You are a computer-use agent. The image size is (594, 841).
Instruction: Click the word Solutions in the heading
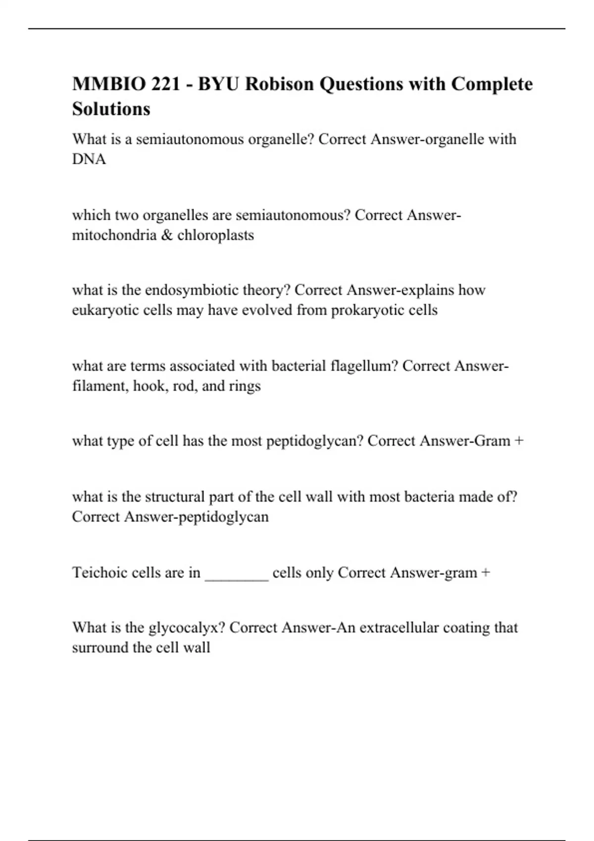[x=111, y=109]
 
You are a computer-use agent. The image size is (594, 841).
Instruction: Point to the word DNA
[x=89, y=159]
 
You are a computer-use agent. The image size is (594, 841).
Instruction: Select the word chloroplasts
[x=215, y=235]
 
